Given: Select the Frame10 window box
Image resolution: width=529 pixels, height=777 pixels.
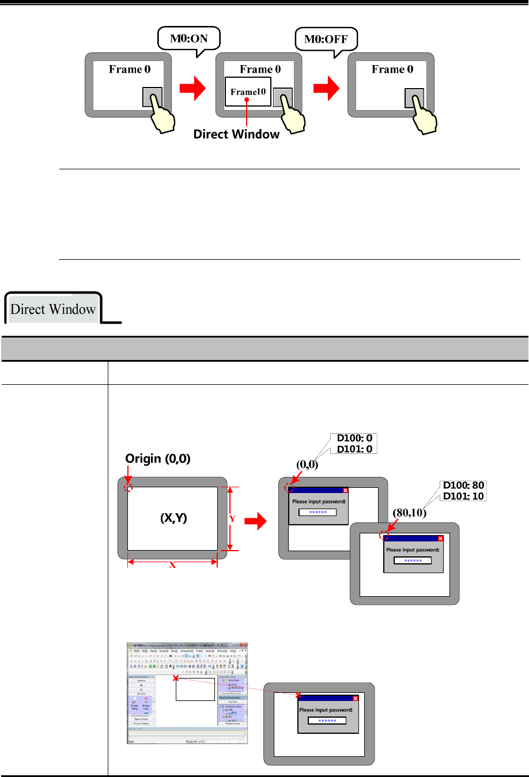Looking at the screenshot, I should pos(248,92).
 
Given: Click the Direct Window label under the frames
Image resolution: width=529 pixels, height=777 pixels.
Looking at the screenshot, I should pos(236,134).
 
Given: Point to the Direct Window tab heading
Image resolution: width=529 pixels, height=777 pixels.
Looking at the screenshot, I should pos(53,309).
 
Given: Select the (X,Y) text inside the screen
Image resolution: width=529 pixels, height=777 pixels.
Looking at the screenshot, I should pos(173,518).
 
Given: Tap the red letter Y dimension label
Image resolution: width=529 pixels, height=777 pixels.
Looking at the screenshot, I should pos(233,518).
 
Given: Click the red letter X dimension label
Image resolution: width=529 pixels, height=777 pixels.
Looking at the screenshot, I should pos(172,565).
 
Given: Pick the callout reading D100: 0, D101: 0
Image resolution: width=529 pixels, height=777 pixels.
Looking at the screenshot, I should pos(354,444).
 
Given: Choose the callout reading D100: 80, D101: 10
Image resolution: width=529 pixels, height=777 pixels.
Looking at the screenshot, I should pos(463,491).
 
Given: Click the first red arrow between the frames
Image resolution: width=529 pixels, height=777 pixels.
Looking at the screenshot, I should pos(192,89).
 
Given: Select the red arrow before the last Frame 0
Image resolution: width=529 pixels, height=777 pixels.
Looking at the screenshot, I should pos(326,89).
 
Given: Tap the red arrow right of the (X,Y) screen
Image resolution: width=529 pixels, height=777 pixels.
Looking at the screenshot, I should pos(256,522).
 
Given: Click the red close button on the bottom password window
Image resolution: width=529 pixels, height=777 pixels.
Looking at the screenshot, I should pos(355,699).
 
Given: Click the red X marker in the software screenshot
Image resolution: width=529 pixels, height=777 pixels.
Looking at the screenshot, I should pos(176,679).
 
